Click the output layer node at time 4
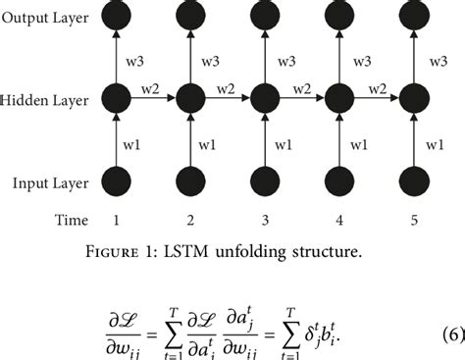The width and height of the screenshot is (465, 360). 336,19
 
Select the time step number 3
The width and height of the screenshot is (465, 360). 262,220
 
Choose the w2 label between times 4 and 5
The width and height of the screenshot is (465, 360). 374,89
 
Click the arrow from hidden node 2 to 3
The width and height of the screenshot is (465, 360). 225,100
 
